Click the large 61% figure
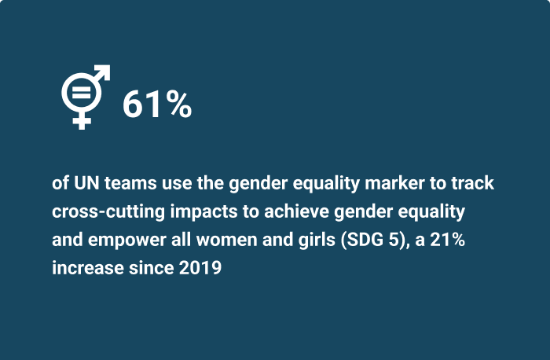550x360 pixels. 156,105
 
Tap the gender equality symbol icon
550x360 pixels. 85,96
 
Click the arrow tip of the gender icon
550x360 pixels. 105,71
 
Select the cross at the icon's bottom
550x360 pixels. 80,119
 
